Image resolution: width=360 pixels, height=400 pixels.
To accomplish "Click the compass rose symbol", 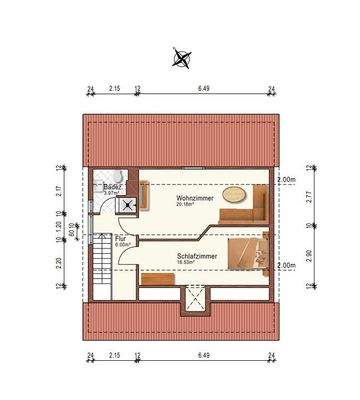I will tap(181, 57).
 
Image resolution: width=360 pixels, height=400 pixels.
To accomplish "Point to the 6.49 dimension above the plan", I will tap(205, 89).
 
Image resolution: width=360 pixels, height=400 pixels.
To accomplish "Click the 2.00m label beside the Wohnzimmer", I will tap(286, 180).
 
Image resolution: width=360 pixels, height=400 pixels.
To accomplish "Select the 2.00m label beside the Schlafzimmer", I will tap(286, 266).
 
